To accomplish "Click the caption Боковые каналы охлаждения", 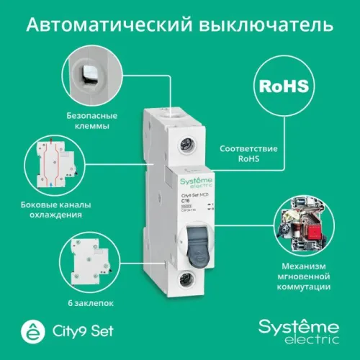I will point(51,209).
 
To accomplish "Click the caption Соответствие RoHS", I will point(243,153).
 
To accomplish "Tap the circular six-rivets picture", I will point(90,256).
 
